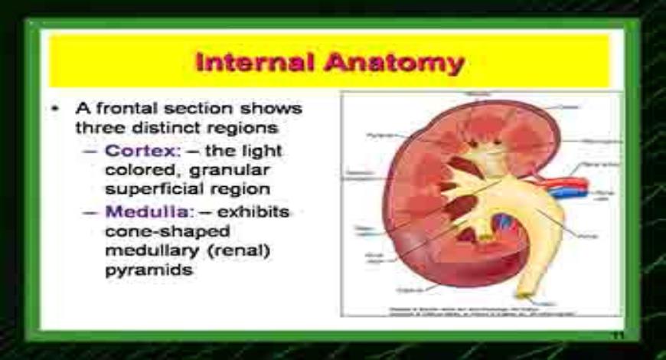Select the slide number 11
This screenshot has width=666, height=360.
tap(616, 337)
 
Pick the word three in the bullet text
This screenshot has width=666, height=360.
tap(96, 127)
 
